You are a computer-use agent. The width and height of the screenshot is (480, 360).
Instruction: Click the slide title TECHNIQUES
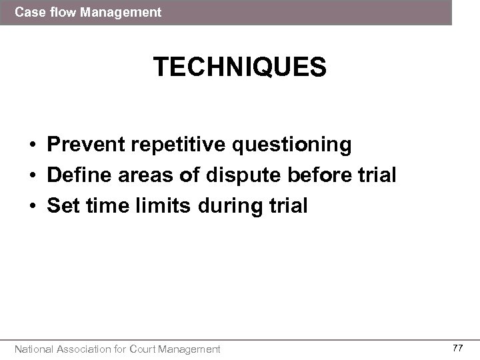(240, 68)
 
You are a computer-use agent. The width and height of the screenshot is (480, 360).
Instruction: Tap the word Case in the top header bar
(27, 12)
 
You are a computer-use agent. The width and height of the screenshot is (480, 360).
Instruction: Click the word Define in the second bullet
(77, 175)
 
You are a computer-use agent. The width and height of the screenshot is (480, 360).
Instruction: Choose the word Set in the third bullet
(62, 206)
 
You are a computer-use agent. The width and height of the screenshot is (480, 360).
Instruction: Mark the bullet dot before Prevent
(32, 145)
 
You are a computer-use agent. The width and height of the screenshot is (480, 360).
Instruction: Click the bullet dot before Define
(32, 176)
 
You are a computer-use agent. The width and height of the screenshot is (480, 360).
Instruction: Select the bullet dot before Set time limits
(32, 207)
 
